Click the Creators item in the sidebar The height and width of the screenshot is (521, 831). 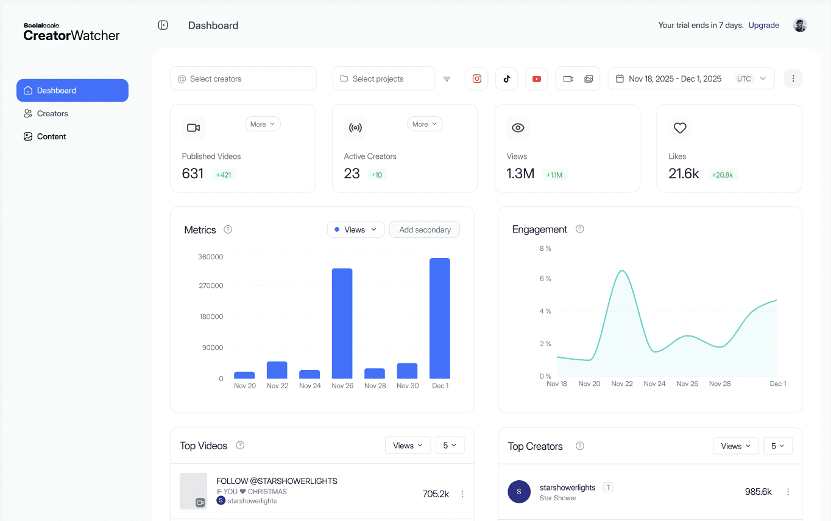pyautogui.click(x=52, y=114)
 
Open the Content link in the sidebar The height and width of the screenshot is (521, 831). pyautogui.click(x=51, y=137)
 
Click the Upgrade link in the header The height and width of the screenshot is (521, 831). pyautogui.click(x=763, y=26)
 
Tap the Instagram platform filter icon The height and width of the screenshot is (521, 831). pyautogui.click(x=477, y=79)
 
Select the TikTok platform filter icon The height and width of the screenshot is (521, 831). pyautogui.click(x=506, y=79)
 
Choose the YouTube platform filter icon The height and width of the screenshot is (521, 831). pyautogui.click(x=536, y=79)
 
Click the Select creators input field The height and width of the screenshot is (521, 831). pyautogui.click(x=243, y=79)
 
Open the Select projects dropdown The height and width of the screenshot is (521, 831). pyautogui.click(x=383, y=79)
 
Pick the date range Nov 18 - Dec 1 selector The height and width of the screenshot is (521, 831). pyautogui.click(x=691, y=79)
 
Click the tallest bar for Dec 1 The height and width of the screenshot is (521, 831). pyautogui.click(x=440, y=318)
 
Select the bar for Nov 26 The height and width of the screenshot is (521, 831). pyautogui.click(x=342, y=323)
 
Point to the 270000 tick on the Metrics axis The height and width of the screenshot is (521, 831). pyautogui.click(x=211, y=286)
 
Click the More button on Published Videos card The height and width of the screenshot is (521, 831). pyautogui.click(x=262, y=124)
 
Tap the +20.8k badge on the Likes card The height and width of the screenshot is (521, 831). pyautogui.click(x=722, y=175)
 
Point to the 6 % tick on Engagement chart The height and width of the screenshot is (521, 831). pyautogui.click(x=545, y=279)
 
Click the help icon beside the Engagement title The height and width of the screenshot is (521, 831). pyautogui.click(x=580, y=229)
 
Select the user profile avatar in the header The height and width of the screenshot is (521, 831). pyautogui.click(x=800, y=26)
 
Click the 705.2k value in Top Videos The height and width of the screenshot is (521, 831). pyautogui.click(x=436, y=494)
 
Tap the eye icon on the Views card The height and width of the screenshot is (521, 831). pyautogui.click(x=518, y=128)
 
